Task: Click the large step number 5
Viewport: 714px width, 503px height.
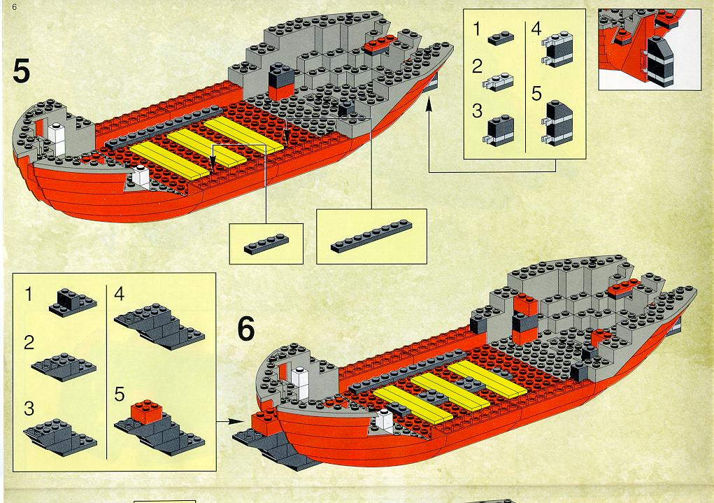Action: point(21,71)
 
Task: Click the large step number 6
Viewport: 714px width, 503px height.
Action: point(246,329)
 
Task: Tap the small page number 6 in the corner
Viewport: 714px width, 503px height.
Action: point(15,7)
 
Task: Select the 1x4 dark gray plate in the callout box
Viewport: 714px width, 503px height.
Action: point(266,244)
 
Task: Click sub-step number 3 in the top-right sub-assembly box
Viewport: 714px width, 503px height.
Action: point(477,111)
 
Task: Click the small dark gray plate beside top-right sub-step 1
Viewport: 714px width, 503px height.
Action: point(501,38)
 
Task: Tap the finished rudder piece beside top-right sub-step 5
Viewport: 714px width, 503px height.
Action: point(557,123)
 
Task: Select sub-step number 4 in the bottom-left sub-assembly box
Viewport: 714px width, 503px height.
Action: point(120,294)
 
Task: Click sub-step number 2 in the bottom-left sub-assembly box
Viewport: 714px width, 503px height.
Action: point(29,343)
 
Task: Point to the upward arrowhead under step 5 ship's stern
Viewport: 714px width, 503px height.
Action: point(429,105)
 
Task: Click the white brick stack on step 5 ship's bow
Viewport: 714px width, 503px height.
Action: point(57,139)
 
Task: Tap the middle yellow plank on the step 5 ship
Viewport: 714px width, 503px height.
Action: point(206,148)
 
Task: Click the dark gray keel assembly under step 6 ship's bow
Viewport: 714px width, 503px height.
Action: point(273,448)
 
